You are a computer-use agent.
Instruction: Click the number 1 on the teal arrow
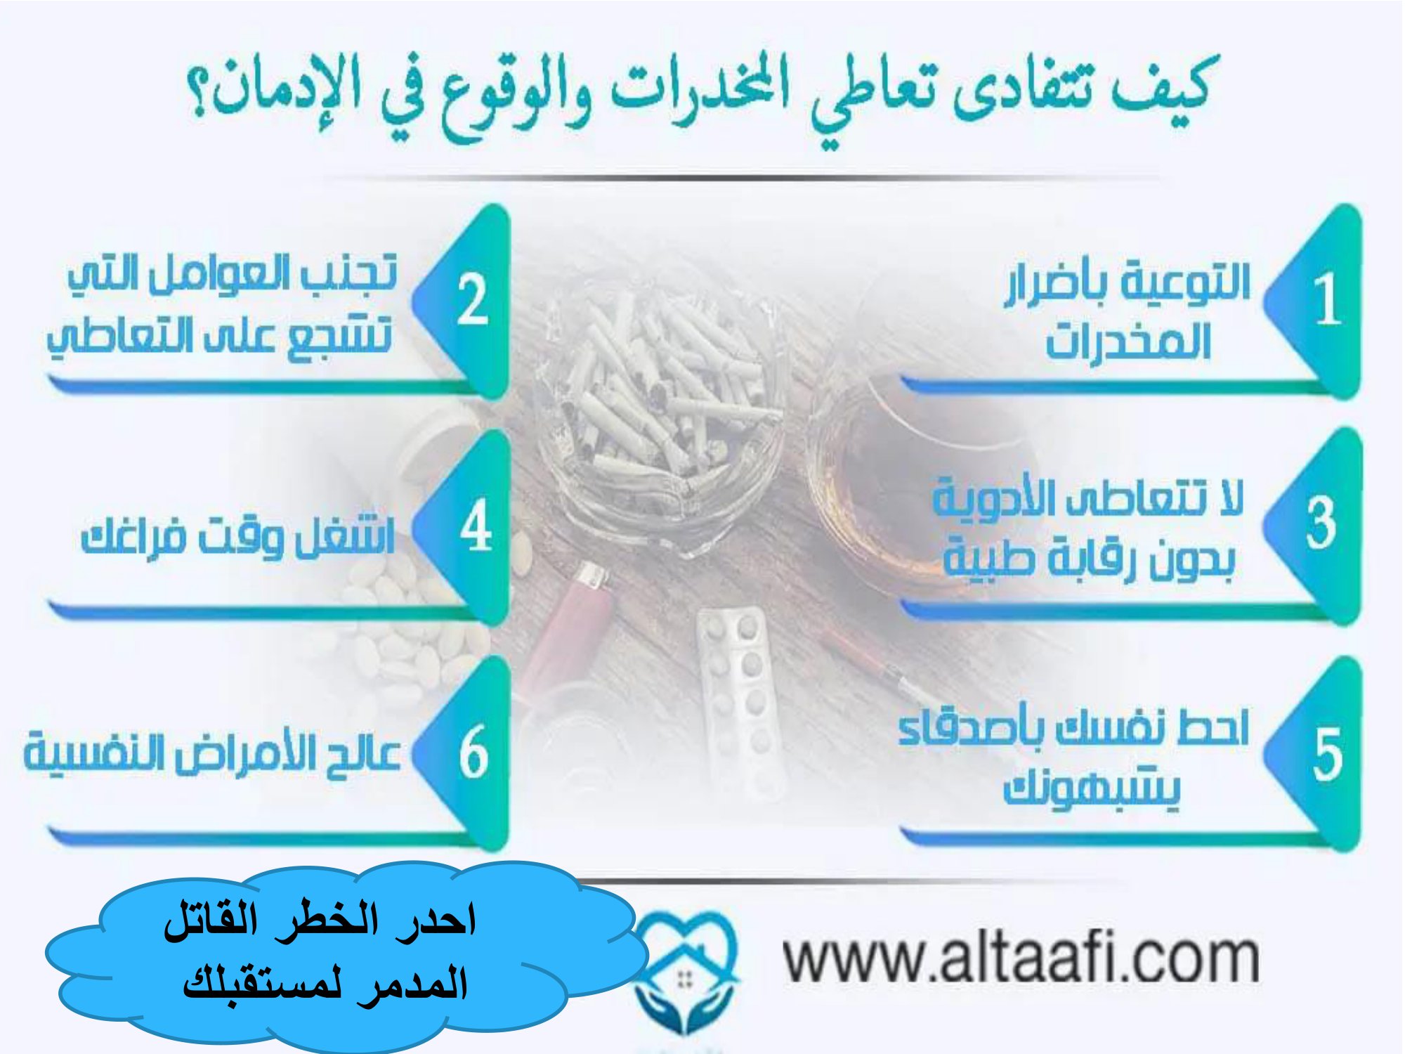pos(1327,299)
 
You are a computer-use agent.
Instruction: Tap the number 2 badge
pos(473,299)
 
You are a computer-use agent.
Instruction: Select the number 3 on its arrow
pos(1321,523)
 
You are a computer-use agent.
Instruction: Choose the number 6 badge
pos(473,752)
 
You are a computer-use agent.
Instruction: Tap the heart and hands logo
pos(685,973)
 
